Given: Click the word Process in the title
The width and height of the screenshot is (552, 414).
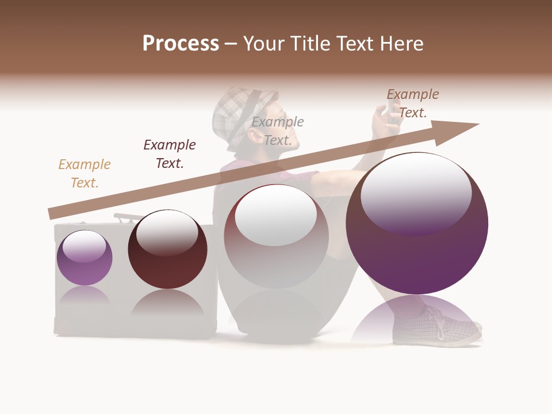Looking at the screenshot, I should pyautogui.click(x=181, y=44).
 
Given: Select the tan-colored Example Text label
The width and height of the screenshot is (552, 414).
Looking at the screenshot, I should pyautogui.click(x=85, y=173).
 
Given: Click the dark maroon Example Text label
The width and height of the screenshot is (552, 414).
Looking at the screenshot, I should pyautogui.click(x=170, y=154).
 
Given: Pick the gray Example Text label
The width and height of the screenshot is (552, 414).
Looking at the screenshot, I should pyautogui.click(x=278, y=131).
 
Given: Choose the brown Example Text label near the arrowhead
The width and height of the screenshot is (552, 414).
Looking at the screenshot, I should pyautogui.click(x=412, y=103).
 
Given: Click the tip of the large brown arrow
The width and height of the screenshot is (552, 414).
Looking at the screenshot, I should pyautogui.click(x=477, y=124).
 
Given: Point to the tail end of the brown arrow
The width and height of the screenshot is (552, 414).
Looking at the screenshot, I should pyautogui.click(x=51, y=214).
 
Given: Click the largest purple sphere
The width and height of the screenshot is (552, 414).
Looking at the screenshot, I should pyautogui.click(x=417, y=253).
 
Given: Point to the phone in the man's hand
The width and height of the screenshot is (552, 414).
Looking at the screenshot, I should pyautogui.click(x=393, y=106).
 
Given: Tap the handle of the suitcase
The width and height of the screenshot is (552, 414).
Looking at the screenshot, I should pyautogui.click(x=128, y=217).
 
